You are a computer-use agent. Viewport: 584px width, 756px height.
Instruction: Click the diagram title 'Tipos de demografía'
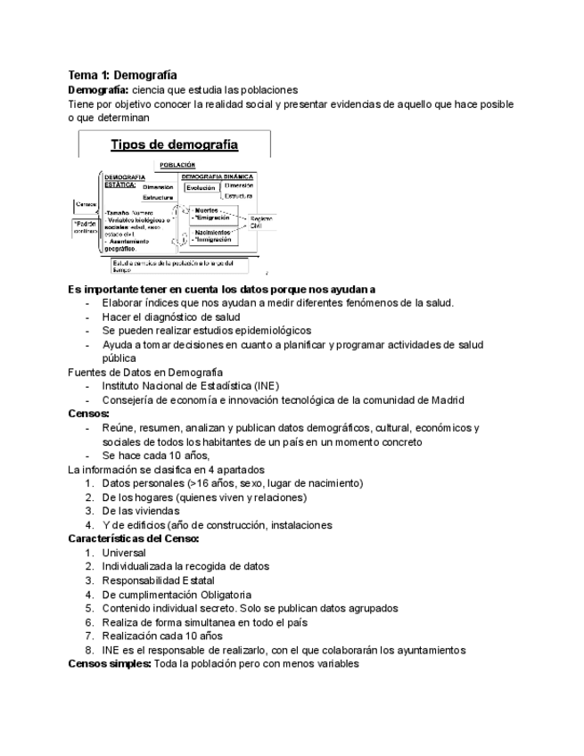[x=174, y=144]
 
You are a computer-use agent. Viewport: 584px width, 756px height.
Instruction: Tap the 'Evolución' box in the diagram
[x=202, y=187]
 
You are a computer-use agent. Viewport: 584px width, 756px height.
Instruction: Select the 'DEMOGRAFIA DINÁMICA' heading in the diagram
[x=218, y=177]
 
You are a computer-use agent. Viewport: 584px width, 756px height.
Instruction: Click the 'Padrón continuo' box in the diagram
[x=85, y=226]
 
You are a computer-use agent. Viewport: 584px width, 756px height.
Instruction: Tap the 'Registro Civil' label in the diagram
[x=260, y=221]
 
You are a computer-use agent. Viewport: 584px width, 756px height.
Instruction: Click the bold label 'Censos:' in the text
[x=89, y=414]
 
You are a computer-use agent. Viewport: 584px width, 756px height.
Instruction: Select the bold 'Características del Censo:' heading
[x=134, y=538]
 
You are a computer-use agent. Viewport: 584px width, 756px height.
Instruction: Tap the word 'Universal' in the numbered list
[x=124, y=553]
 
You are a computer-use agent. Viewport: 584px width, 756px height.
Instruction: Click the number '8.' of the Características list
[x=90, y=650]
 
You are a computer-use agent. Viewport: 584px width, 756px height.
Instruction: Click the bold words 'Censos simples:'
[x=110, y=663]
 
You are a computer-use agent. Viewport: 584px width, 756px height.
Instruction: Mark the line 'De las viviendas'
[x=141, y=511]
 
